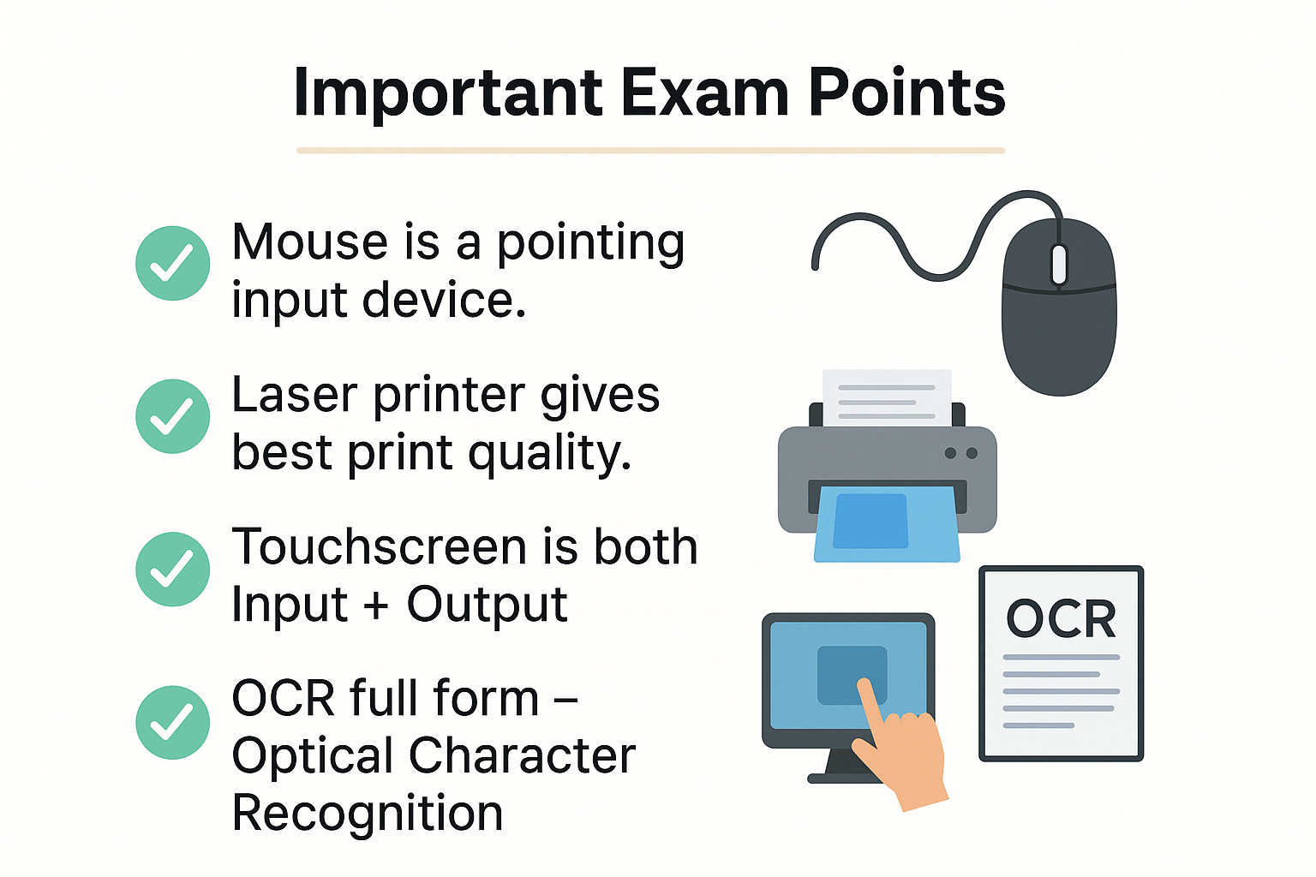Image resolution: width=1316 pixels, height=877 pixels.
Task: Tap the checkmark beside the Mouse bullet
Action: point(172,263)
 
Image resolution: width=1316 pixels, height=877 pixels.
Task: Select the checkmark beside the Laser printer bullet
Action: point(172,416)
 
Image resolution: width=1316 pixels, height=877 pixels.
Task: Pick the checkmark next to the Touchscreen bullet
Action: point(172,570)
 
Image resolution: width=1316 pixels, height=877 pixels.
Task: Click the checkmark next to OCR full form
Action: point(172,723)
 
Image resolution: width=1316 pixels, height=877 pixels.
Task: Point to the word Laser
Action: point(294,396)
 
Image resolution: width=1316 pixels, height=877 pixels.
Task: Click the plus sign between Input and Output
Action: point(376,606)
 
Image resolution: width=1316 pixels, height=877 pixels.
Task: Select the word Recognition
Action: point(367,814)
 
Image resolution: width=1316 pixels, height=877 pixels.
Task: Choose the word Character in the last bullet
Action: point(522,756)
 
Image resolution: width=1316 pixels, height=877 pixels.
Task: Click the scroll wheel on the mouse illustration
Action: point(1059,265)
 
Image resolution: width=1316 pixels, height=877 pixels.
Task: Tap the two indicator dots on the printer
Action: point(960,453)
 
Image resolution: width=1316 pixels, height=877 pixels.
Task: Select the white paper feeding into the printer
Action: point(887,397)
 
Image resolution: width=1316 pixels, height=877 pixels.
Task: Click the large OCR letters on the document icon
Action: point(1061,618)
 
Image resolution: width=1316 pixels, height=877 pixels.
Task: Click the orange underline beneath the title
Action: point(650,151)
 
